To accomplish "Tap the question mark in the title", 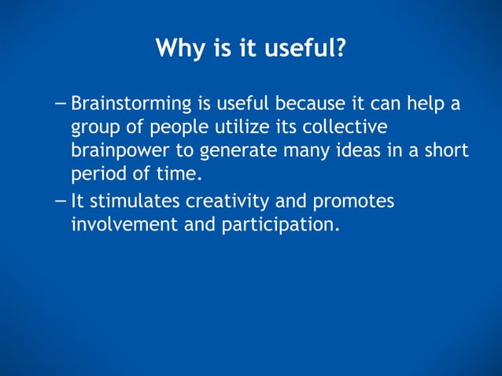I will tap(340, 49).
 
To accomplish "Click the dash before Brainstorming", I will tap(62, 104).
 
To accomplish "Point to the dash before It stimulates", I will tap(62, 201).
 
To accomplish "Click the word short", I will tap(445, 150).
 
